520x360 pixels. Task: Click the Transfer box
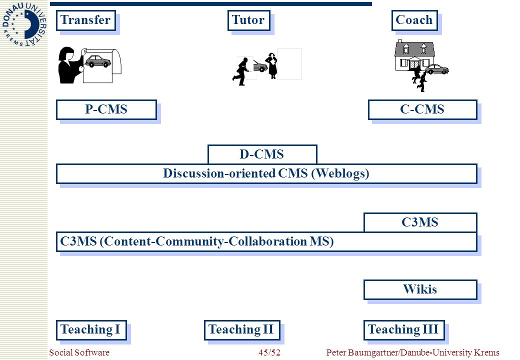86,20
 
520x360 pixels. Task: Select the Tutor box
248,20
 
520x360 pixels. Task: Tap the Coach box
414,20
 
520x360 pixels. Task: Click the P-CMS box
106,109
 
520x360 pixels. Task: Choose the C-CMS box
422,109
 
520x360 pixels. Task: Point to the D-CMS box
262,154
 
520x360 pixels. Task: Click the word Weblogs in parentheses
340,173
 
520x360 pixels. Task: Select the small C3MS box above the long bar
420,222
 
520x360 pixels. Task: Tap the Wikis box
420,289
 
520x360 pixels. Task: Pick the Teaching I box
91,330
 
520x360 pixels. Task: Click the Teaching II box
242,330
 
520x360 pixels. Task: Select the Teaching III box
404,330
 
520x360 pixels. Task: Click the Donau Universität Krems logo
24,24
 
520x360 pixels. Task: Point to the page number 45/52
269,352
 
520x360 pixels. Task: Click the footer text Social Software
79,352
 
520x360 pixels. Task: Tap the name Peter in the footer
336,352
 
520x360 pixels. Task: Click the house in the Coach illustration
414,55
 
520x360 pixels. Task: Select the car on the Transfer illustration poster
98,61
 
